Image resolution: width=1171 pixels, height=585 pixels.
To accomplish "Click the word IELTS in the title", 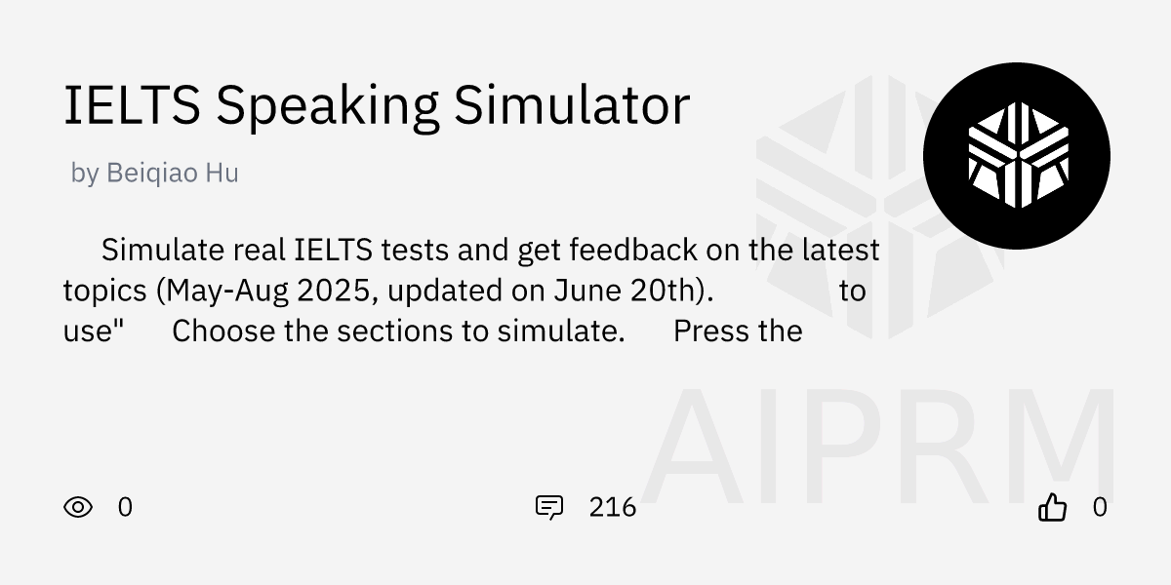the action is pyautogui.click(x=132, y=105).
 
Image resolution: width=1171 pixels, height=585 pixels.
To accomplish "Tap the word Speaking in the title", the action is pyautogui.click(x=327, y=107).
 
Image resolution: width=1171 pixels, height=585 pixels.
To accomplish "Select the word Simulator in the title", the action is pyautogui.click(x=572, y=104).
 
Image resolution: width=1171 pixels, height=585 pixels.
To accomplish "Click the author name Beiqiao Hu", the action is pyautogui.click(x=173, y=173).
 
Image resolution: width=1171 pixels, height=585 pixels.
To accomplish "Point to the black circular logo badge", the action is pyautogui.click(x=1017, y=156).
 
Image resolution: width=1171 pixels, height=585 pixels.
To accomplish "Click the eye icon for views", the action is pyautogui.click(x=78, y=507).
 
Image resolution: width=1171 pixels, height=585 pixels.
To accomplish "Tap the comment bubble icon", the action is pyautogui.click(x=549, y=507).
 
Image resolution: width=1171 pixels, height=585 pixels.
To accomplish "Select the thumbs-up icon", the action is pyautogui.click(x=1052, y=507).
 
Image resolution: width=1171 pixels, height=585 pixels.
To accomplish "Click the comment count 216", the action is pyautogui.click(x=612, y=507).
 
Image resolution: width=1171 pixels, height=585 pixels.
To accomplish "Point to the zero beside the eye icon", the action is pyautogui.click(x=125, y=507).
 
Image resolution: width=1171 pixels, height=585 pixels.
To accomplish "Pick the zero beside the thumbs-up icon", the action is pyautogui.click(x=1100, y=507).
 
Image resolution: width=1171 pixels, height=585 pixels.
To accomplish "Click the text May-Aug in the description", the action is pyautogui.click(x=227, y=292).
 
